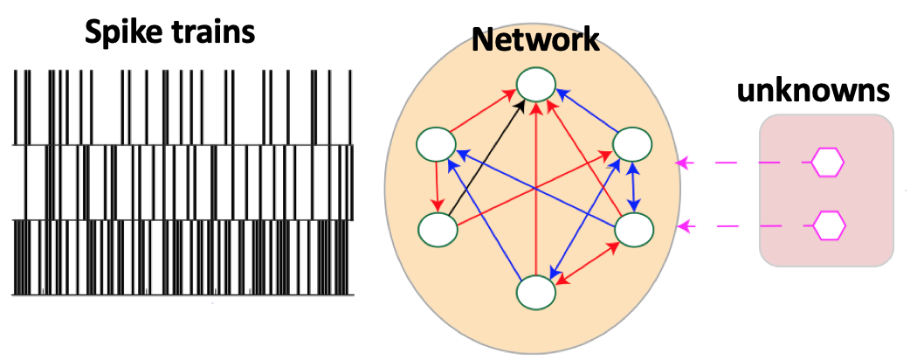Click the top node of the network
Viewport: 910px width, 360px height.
pos(536,85)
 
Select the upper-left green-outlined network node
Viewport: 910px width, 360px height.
pos(438,144)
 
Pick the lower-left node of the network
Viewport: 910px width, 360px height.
pos(438,230)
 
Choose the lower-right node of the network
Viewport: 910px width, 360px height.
pos(635,230)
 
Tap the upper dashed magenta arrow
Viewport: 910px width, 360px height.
pos(742,163)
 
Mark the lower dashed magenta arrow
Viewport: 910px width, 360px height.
pos(742,226)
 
